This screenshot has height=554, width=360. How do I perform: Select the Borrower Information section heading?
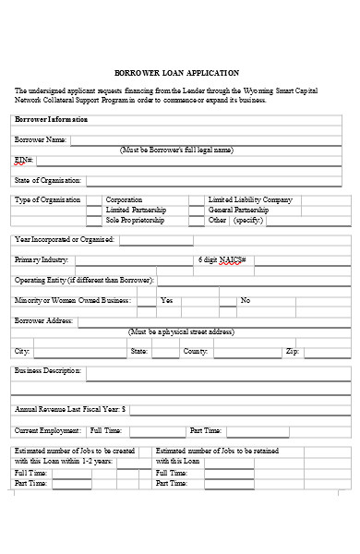pyautogui.click(x=52, y=120)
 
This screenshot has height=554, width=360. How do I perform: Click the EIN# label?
pyautogui.click(x=23, y=160)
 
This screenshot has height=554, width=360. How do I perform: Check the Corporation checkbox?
pyautogui.click(x=94, y=200)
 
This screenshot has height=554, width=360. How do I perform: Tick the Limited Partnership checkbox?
pyautogui.click(x=94, y=211)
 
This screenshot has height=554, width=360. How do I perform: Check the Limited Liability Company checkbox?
pyautogui.click(x=196, y=200)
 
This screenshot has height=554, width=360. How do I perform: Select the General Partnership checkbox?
pyautogui.click(x=196, y=211)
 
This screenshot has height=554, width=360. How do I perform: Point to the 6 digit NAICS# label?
pyautogui.click(x=222, y=260)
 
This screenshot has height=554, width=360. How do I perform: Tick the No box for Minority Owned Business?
pyautogui.click(x=225, y=301)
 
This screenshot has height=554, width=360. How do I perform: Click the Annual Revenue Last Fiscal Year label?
pyautogui.click(x=70, y=408)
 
